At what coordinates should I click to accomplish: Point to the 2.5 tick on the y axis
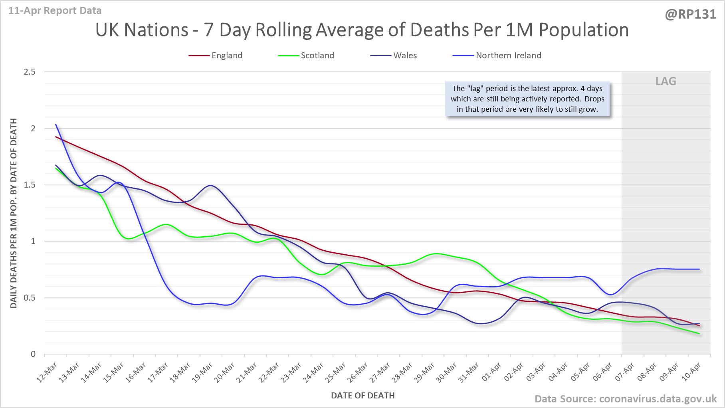(x=30, y=72)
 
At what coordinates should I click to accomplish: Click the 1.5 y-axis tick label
(x=30, y=185)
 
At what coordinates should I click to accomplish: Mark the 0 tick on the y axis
(x=33, y=354)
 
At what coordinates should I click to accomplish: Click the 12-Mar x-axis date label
(x=48, y=372)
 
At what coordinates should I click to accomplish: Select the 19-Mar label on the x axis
(x=202, y=372)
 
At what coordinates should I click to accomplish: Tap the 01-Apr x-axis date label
(x=491, y=372)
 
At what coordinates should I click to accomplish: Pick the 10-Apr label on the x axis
(x=691, y=372)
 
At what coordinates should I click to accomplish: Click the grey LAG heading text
(x=666, y=81)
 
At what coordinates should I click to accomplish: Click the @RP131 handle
(x=690, y=14)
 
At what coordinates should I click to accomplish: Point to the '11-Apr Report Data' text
(x=55, y=11)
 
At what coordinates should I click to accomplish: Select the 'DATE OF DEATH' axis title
(x=362, y=396)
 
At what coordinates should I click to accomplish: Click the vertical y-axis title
(x=14, y=213)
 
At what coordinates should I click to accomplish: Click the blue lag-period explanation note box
(x=527, y=99)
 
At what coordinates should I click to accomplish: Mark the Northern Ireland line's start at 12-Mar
(x=56, y=125)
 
